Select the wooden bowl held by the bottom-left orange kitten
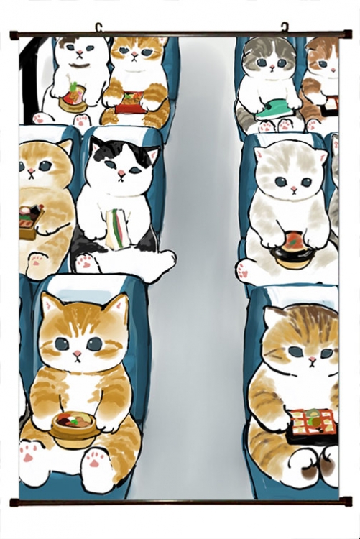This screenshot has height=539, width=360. (x=75, y=425)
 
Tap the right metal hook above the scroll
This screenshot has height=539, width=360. (x=284, y=27)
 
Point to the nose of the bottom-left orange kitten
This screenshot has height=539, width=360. (x=76, y=353)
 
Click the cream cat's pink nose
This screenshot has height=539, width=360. (x=293, y=189)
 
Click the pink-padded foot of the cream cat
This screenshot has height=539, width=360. (x=244, y=270)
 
